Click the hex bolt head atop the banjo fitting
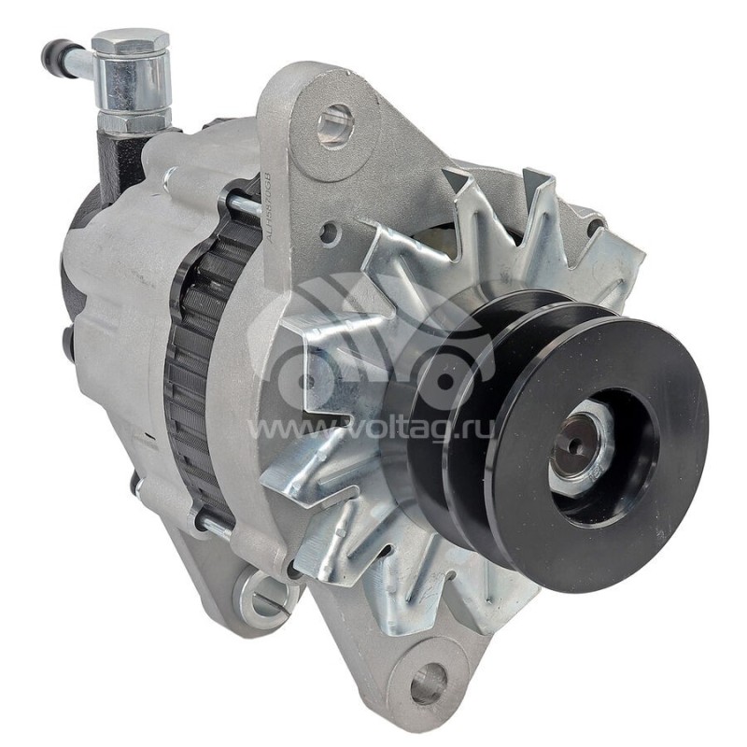pyautogui.click(x=131, y=42)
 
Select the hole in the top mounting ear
pyautogui.click(x=334, y=125)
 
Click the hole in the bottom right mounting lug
pyautogui.click(x=427, y=684)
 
